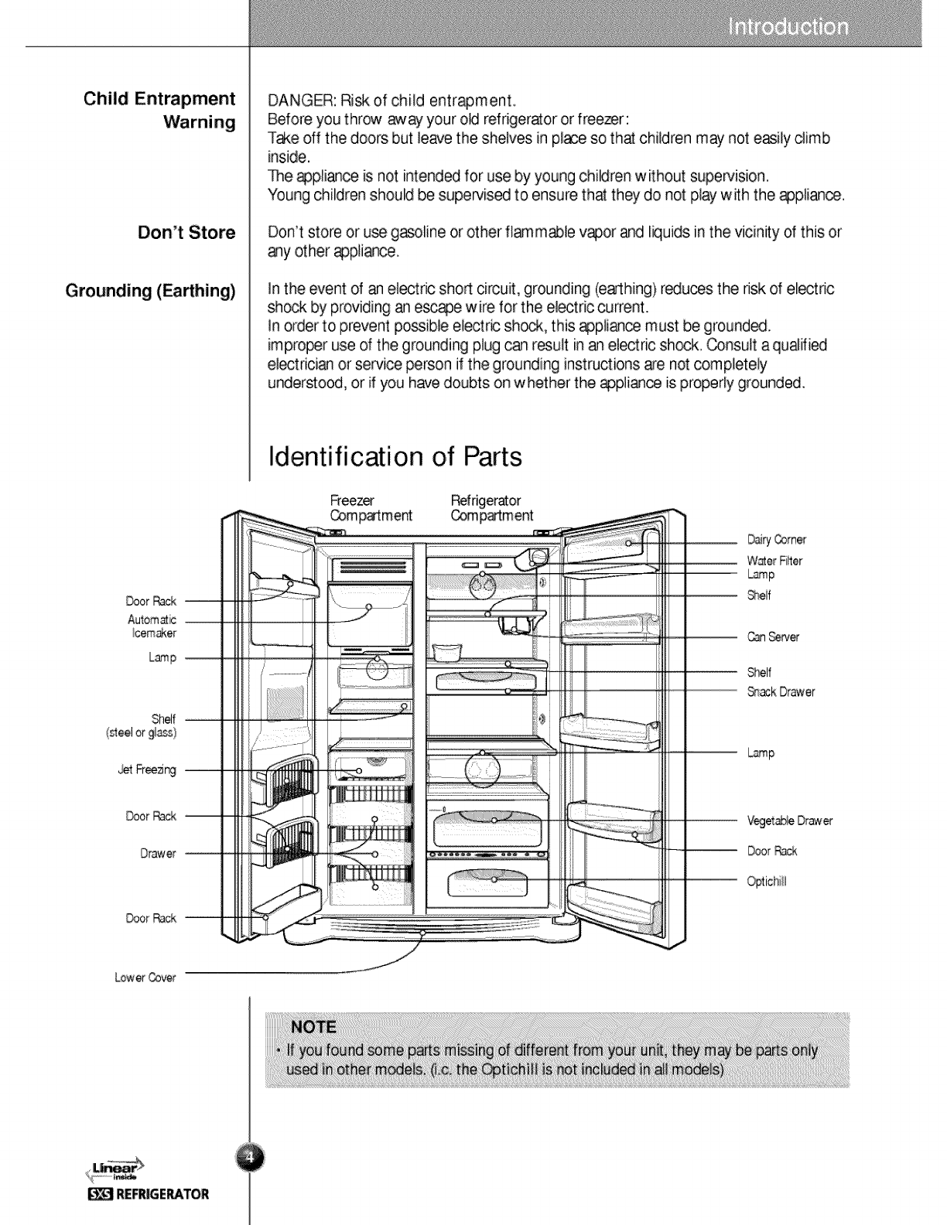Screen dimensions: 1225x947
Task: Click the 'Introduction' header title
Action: coord(788,28)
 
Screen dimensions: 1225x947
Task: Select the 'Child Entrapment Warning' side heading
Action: coord(160,111)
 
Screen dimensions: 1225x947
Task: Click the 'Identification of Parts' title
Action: coord(394,456)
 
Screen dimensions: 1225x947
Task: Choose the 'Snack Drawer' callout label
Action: coord(781,692)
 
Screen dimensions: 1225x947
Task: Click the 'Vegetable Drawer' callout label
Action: coord(789,821)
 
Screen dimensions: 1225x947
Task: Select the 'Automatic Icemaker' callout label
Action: coord(152,626)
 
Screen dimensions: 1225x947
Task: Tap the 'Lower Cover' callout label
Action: coord(146,978)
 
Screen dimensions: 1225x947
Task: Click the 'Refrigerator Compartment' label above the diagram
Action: coord(491,508)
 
